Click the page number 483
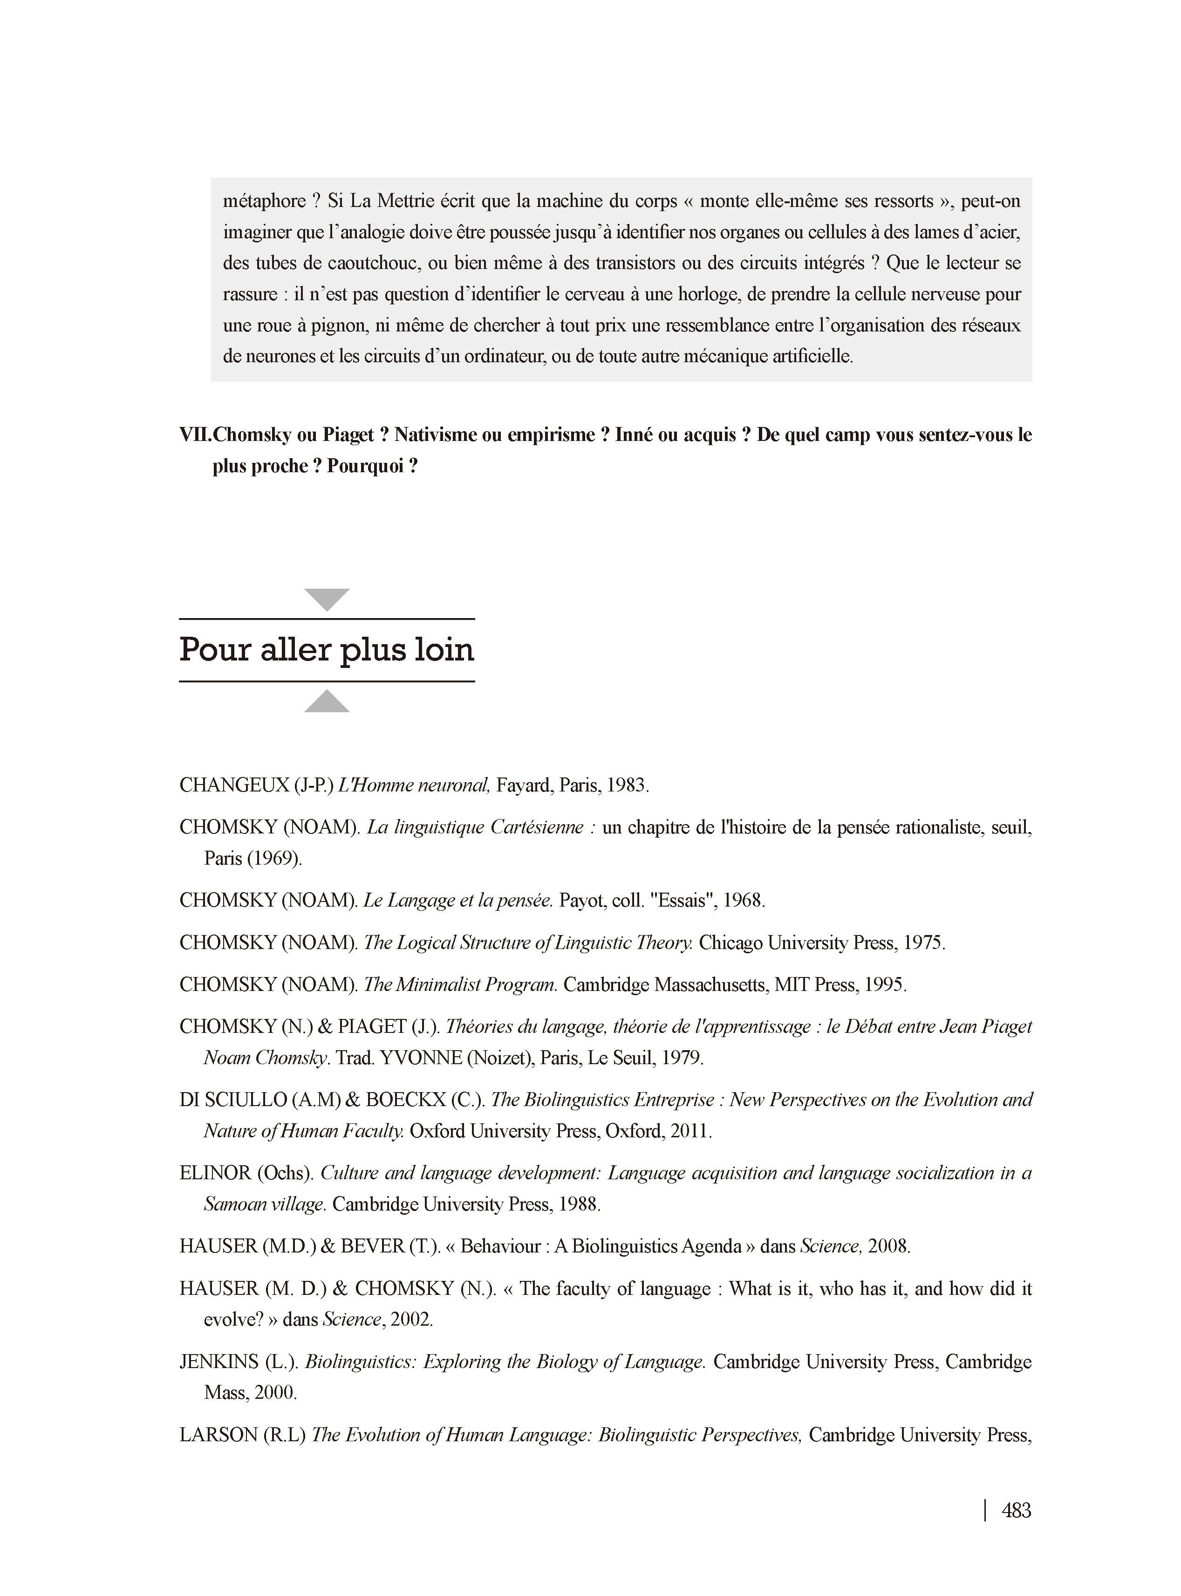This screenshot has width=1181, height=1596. pyautogui.click(x=1016, y=1510)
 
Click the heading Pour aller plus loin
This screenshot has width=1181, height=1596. pyautogui.click(x=327, y=650)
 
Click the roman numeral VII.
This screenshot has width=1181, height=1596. pyautogui.click(x=194, y=435)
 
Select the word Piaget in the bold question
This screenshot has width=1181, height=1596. pyautogui.click(x=348, y=435)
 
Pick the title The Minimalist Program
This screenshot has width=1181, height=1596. pyautogui.click(x=460, y=984)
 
